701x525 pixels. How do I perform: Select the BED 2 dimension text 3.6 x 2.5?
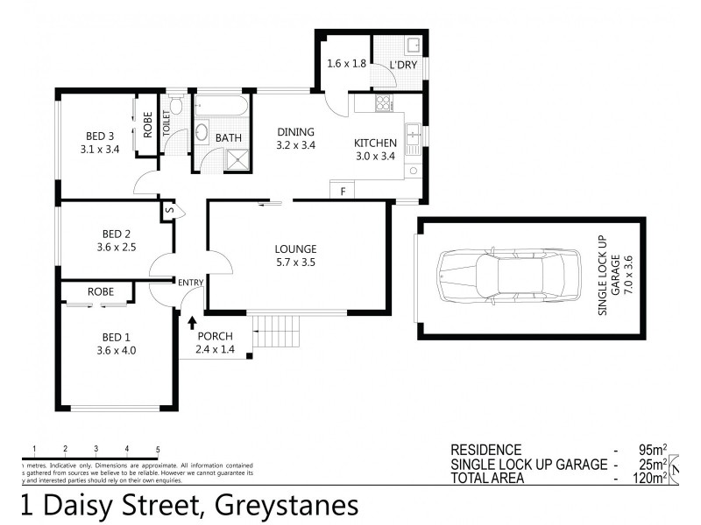click(x=117, y=247)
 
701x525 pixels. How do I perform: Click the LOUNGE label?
click(x=294, y=248)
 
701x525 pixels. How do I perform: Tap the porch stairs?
click(x=274, y=333)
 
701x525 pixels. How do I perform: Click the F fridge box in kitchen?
click(x=343, y=191)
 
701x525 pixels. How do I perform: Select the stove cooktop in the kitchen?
click(x=383, y=104)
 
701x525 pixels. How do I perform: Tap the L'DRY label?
click(x=404, y=64)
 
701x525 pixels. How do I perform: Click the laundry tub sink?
click(x=413, y=44)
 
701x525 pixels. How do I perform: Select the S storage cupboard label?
click(x=170, y=210)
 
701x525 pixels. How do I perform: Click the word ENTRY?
click(x=190, y=282)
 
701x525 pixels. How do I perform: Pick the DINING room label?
click(x=294, y=132)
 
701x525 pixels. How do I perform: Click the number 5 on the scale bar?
click(x=158, y=449)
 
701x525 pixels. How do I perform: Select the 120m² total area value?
click(x=647, y=478)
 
